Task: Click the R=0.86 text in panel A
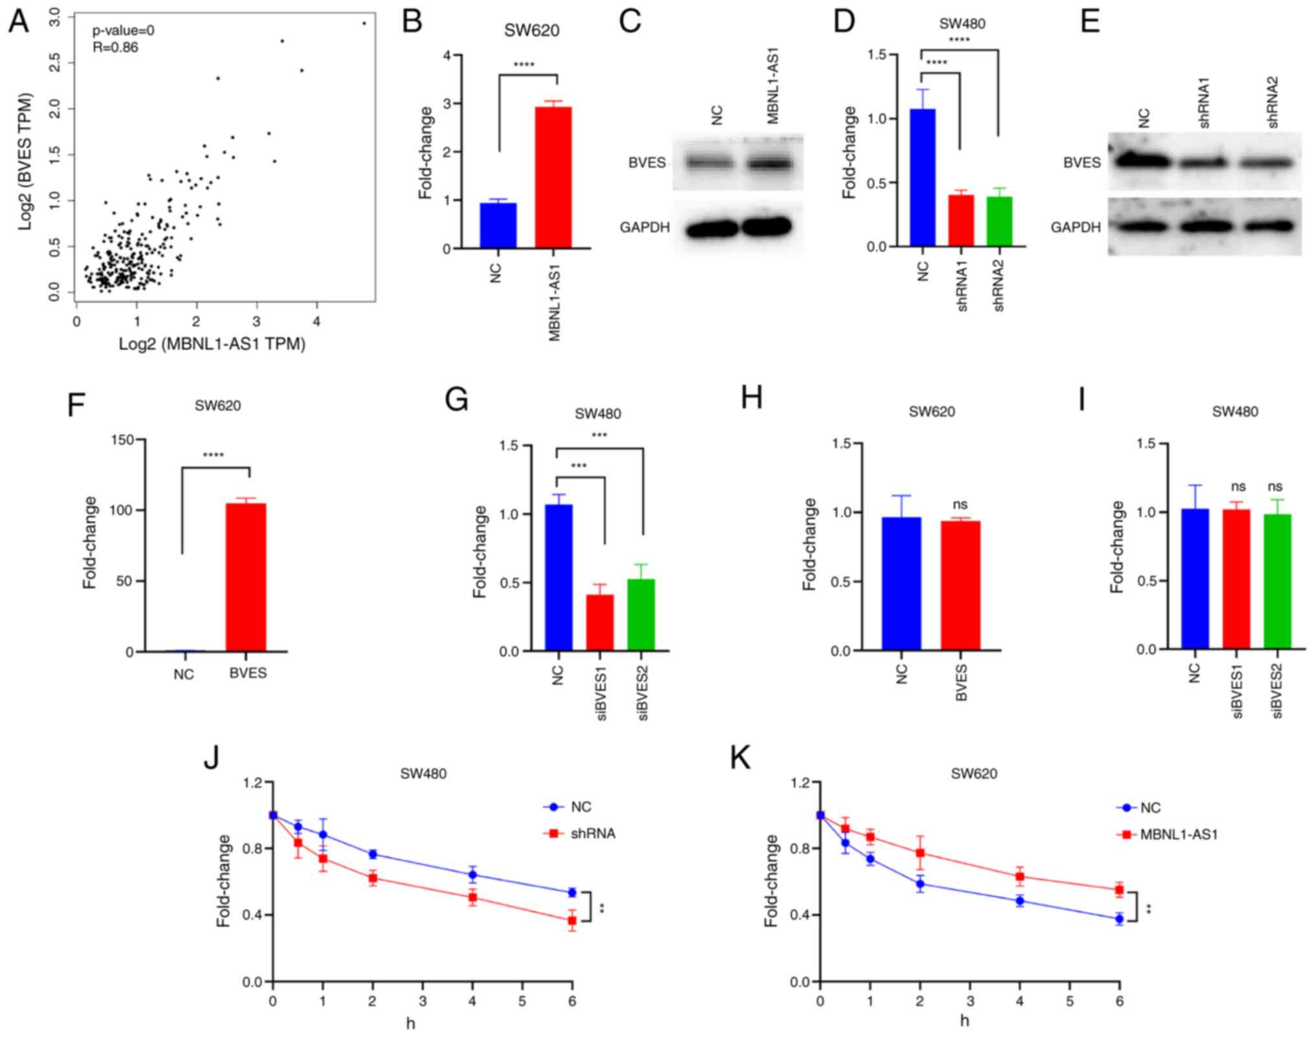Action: (x=115, y=47)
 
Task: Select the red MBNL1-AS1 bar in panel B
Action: (x=553, y=177)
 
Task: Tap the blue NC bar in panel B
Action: (x=498, y=225)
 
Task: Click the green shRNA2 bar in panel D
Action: (x=999, y=221)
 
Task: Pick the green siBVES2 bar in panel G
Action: (x=641, y=615)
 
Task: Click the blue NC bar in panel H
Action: (x=901, y=583)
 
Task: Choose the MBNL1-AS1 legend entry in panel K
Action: (x=1178, y=834)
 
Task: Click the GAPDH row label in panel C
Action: (x=645, y=227)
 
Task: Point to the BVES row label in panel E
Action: (x=1082, y=162)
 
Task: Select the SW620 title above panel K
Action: (x=974, y=774)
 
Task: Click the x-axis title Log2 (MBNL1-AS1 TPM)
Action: (x=212, y=344)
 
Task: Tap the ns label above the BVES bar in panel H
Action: (x=960, y=504)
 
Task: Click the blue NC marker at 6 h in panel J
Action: (x=572, y=892)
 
